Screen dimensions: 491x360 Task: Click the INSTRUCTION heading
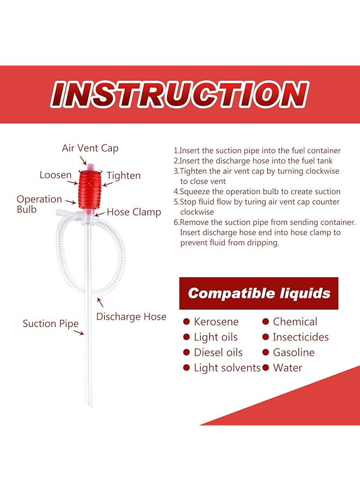coord(179,94)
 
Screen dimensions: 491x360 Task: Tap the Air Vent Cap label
coord(90,148)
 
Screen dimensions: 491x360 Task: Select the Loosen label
coord(55,175)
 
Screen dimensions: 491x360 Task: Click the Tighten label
coord(123,176)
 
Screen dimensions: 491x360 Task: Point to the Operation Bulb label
coord(39,204)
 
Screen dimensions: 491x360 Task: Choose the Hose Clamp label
coord(133,212)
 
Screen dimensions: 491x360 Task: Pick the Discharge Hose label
coord(131,316)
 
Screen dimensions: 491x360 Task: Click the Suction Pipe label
coord(50,324)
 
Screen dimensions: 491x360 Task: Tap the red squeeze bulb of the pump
coord(89,189)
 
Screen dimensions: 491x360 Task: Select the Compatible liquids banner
coord(259,294)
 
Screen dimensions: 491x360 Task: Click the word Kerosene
coord(217,322)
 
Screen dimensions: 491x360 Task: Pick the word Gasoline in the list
coord(293,352)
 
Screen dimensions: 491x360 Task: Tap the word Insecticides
coord(301,337)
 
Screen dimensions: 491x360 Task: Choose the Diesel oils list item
coord(218,352)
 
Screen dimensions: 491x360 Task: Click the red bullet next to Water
coord(266,368)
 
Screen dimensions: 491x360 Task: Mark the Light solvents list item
coord(227,368)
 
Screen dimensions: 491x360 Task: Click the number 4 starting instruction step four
coord(176,191)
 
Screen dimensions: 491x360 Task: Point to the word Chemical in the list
coord(295,322)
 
